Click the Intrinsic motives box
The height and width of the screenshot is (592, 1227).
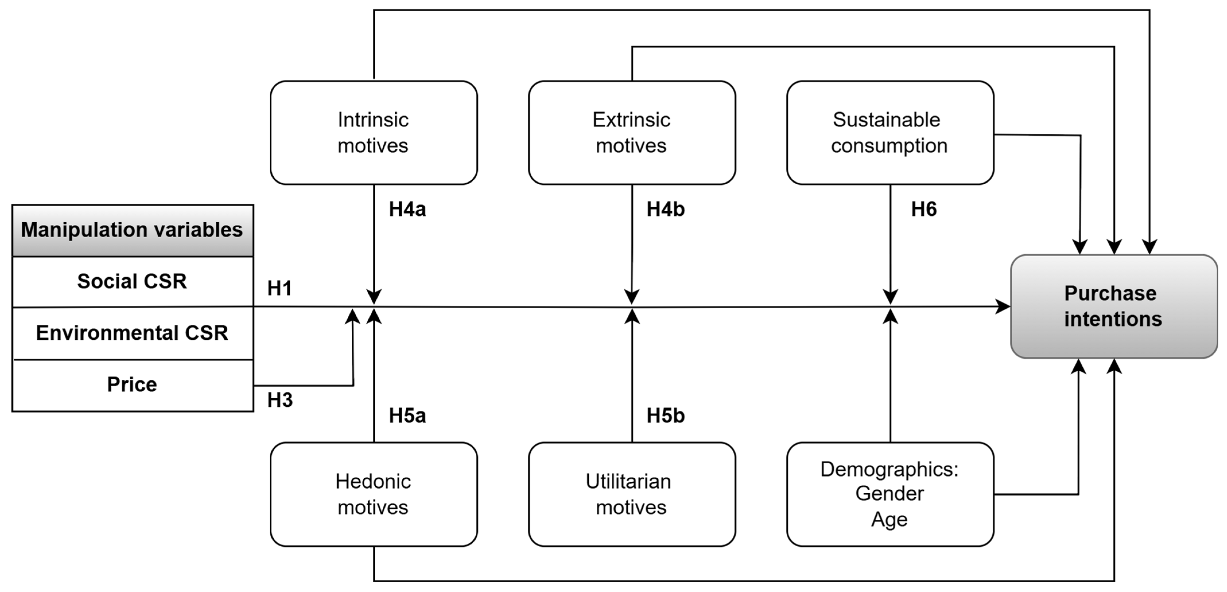(374, 133)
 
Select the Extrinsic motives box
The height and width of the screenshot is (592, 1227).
(632, 133)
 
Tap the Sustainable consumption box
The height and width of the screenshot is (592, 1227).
(889, 133)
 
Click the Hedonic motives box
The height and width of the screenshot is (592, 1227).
(374, 494)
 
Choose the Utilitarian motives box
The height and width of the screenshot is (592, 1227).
(632, 494)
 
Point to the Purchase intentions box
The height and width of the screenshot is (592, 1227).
(1113, 307)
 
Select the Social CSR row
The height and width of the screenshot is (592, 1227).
(132, 281)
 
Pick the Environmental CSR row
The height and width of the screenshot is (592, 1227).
(132, 333)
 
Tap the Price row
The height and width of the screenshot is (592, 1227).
(132, 384)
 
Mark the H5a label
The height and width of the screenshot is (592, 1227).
(407, 416)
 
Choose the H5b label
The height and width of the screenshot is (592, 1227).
(665, 416)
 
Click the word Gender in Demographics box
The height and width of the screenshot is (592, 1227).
(889, 493)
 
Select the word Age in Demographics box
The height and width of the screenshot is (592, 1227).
(889, 519)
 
